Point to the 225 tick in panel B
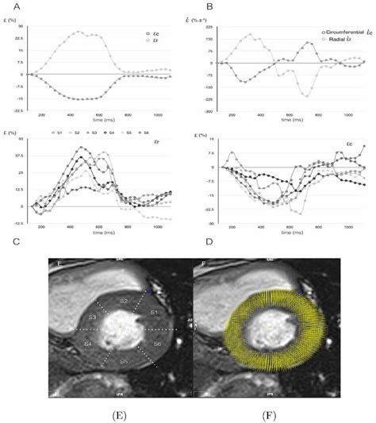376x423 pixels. click(x=209, y=26)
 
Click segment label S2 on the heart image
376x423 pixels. click(x=124, y=303)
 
